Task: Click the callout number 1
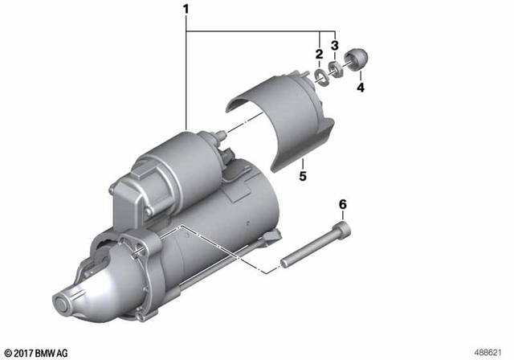point(187,10)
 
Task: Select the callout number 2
point(319,54)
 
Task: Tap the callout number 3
point(336,45)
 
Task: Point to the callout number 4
point(361,88)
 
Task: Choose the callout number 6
point(343,206)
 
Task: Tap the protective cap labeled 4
point(354,60)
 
